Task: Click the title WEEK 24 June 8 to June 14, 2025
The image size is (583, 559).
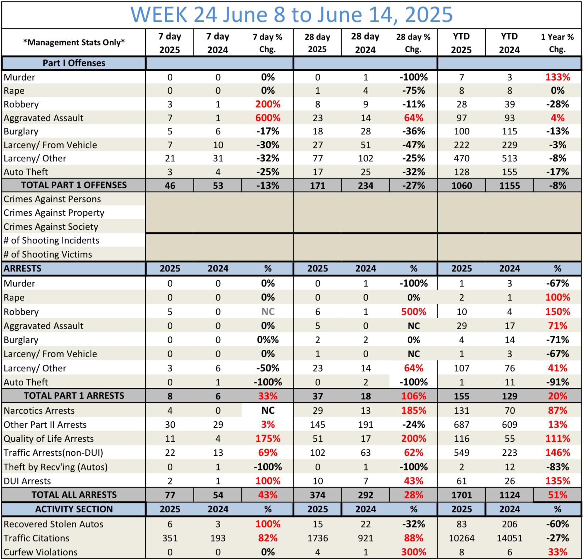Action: tap(291, 14)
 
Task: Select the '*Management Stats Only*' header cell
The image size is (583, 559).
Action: tap(74, 42)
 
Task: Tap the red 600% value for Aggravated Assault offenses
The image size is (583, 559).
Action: tap(268, 118)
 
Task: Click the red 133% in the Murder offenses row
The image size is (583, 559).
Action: tap(557, 77)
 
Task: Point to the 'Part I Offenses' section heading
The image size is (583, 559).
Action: tap(74, 63)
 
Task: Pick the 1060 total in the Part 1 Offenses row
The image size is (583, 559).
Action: tap(461, 186)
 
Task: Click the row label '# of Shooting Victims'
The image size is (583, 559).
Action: tap(48, 254)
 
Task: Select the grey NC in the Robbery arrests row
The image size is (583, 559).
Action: tap(268, 312)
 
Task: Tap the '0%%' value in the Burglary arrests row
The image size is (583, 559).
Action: tap(268, 340)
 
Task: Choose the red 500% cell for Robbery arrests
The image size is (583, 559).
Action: tap(413, 312)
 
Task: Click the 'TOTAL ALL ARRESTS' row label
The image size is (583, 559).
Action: tap(74, 495)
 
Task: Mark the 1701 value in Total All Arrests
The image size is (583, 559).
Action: tap(461, 495)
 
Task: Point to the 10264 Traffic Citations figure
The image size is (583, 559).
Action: tap(461, 538)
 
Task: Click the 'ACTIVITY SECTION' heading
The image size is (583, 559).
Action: tap(74, 509)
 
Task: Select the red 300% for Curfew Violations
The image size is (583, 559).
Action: tap(413, 552)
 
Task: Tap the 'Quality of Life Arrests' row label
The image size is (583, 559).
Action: tap(49, 439)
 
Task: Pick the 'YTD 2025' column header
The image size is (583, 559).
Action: tap(461, 43)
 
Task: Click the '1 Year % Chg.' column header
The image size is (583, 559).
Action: tap(557, 43)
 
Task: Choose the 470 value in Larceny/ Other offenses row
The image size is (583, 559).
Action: tap(461, 159)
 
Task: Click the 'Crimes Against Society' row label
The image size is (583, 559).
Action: tap(51, 227)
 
